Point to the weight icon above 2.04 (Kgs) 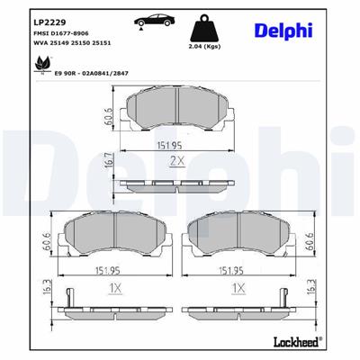209,25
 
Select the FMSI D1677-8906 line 41,32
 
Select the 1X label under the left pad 114,288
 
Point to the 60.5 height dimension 106,116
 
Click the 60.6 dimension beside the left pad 44,242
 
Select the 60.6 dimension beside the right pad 309,242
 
